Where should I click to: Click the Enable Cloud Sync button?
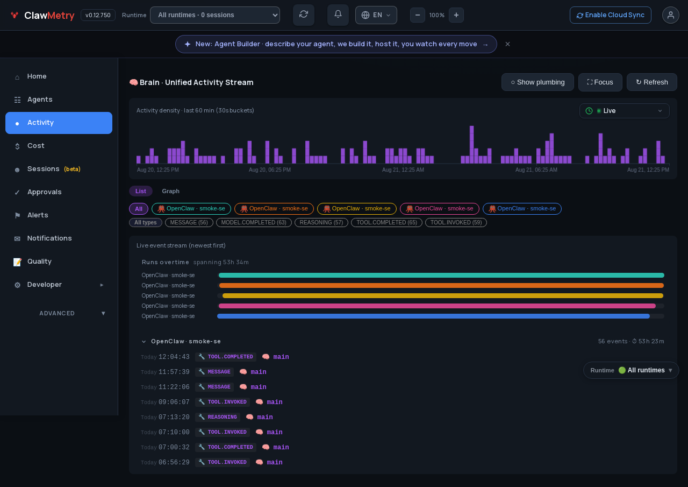[610, 15]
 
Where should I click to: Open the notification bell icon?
[338, 15]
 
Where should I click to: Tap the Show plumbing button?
[537, 82]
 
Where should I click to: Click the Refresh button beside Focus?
[652, 82]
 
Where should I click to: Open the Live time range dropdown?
[624, 111]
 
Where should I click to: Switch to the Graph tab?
[170, 191]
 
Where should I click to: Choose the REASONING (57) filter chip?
[321, 222]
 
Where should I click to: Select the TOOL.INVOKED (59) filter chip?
[456, 222]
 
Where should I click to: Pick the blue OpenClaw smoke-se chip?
[522, 209]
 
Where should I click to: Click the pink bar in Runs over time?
[437, 306]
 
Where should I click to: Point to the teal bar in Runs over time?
[441, 275]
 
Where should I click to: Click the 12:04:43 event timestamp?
[174, 357]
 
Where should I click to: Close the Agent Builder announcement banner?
[507, 44]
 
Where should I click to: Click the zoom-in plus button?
[456, 15]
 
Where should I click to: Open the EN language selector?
[376, 15]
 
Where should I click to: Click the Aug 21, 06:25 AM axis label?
[536, 170]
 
